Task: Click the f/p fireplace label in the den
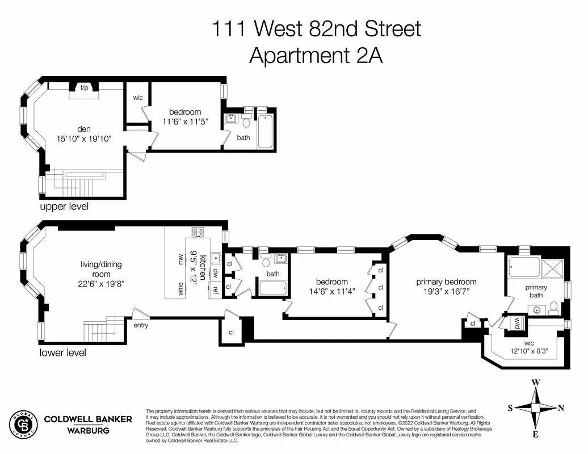[x=85, y=88]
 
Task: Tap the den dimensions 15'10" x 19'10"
[x=85, y=138]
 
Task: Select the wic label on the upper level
[x=138, y=98]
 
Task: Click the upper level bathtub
[x=265, y=132]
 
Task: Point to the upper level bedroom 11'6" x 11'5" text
[x=185, y=121]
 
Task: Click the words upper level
[x=64, y=207]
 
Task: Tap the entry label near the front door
[x=141, y=325]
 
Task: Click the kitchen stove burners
[x=198, y=232]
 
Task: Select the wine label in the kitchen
[x=180, y=288]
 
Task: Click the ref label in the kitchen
[x=216, y=289]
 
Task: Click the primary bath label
[x=536, y=291]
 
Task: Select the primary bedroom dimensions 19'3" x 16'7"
[x=446, y=292]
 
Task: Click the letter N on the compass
[x=561, y=407]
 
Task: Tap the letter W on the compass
[x=535, y=382]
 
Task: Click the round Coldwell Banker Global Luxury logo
[x=23, y=424]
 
